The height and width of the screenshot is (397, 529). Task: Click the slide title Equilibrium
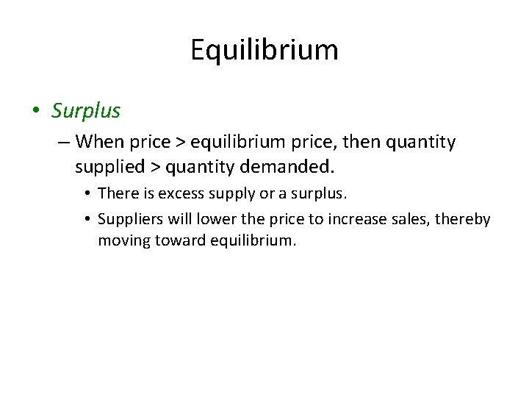(264, 50)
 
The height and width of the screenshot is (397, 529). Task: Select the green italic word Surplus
(85, 111)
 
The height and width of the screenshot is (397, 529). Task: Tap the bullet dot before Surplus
(35, 112)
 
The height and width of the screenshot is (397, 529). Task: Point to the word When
(98, 140)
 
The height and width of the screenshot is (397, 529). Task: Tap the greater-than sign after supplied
(155, 168)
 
